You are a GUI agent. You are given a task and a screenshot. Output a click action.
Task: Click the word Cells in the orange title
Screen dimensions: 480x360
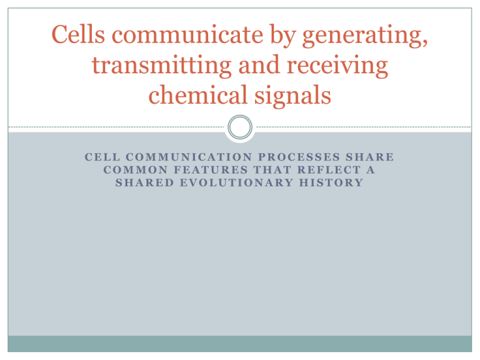(x=78, y=34)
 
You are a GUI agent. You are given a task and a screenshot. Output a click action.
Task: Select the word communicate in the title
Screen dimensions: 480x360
(x=187, y=34)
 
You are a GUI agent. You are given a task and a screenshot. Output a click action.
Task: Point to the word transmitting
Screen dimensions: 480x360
(x=162, y=66)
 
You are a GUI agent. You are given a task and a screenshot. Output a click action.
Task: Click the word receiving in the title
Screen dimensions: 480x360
(x=337, y=66)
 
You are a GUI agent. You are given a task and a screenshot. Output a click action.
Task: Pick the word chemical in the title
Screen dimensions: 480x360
(x=197, y=94)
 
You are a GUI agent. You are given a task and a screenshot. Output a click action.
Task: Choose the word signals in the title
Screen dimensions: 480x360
(x=293, y=96)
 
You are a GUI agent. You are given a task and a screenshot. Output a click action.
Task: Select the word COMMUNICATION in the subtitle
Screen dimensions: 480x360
(x=189, y=157)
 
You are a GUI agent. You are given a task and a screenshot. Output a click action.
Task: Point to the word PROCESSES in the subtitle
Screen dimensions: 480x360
(x=299, y=157)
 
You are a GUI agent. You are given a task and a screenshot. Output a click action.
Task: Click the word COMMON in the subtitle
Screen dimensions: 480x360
(x=136, y=170)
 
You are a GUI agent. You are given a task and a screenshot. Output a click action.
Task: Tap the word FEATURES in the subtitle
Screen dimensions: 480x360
(x=211, y=170)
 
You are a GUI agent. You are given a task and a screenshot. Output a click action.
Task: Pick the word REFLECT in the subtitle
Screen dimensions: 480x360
(x=329, y=170)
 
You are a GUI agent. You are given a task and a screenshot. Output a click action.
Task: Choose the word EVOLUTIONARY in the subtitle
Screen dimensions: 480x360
(x=237, y=182)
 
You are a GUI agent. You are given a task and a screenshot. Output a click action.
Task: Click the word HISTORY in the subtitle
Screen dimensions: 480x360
(x=331, y=182)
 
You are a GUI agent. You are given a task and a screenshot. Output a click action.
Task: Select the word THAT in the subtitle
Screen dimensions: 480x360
(x=272, y=170)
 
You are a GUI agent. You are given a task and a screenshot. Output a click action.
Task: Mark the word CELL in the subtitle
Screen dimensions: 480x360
(x=102, y=157)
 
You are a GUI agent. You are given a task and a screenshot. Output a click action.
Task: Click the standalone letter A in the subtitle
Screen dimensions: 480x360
(x=371, y=170)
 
